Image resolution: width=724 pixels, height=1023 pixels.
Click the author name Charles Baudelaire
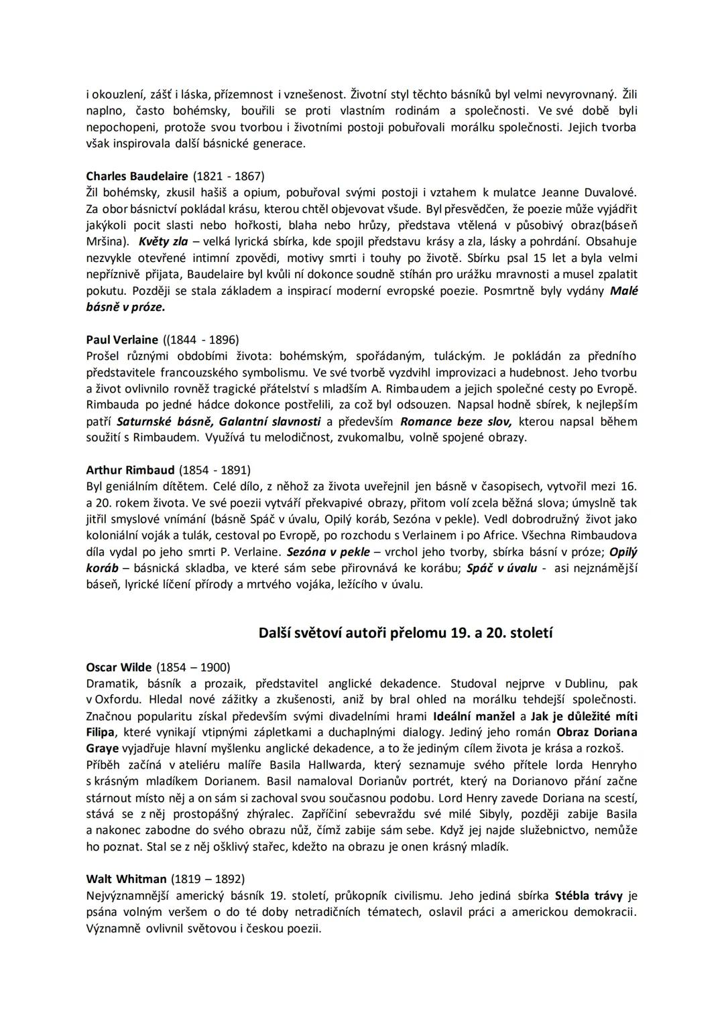[x=137, y=176]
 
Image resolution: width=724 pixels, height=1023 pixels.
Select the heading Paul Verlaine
[x=122, y=340]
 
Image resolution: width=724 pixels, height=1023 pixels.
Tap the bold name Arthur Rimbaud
[x=130, y=470]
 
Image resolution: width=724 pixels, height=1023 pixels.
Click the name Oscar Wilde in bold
[x=119, y=667]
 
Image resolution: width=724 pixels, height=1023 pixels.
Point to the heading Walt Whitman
[x=126, y=879]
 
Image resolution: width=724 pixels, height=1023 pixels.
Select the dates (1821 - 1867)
[x=229, y=176]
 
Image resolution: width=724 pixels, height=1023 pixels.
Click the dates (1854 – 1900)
[x=193, y=667]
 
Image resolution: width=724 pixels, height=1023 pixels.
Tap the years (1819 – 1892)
[x=208, y=879]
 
